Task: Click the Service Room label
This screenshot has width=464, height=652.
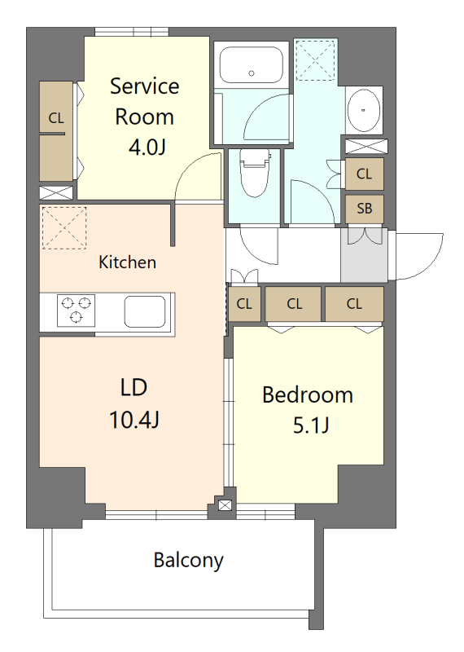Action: coord(144,100)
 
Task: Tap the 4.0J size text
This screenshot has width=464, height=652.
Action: coord(144,148)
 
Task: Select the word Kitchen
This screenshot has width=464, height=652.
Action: coord(127,262)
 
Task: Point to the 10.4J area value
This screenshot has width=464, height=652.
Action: coord(134,420)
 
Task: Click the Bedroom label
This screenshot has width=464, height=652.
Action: coord(308,395)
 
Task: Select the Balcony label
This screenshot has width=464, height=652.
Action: coord(188,561)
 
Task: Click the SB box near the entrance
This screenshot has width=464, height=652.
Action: coord(364,209)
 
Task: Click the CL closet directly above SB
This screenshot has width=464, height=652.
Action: coord(364,174)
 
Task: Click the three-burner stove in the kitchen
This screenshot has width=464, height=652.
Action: coord(76,311)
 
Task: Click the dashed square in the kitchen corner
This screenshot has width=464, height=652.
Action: coord(63,227)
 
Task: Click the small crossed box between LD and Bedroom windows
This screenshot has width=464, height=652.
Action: coord(225,506)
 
